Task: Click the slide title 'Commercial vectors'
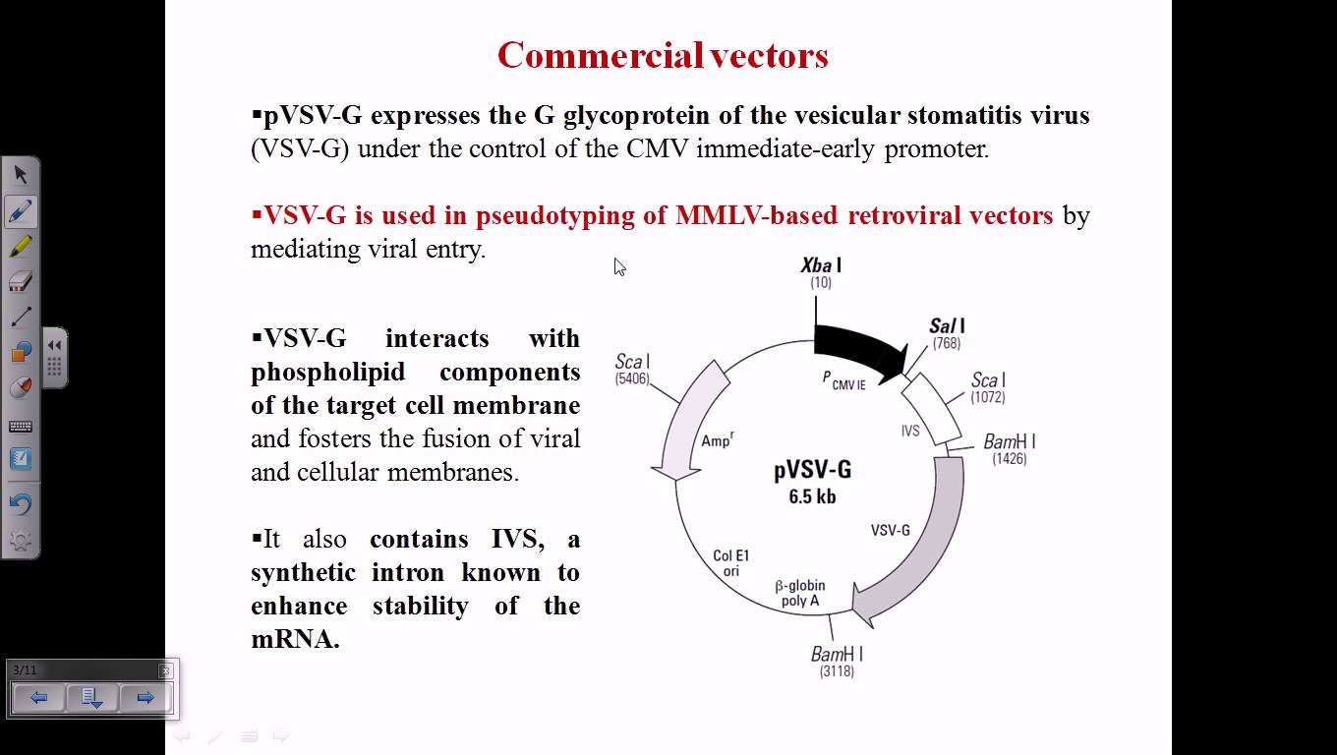663,55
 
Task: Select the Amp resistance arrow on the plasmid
688,423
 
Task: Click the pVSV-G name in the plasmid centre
812,470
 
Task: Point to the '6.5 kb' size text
812,496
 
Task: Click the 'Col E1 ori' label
731,563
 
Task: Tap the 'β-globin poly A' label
800,593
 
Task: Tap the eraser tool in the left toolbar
21,282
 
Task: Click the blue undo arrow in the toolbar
21,504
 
